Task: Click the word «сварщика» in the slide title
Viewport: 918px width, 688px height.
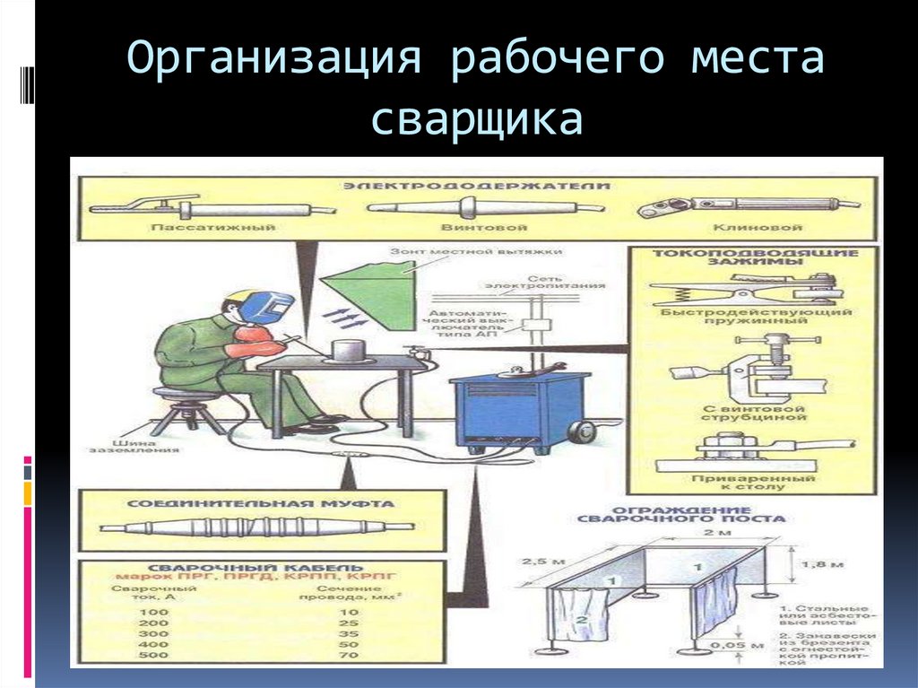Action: [x=477, y=120]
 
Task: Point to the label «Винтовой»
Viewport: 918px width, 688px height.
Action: [x=478, y=228]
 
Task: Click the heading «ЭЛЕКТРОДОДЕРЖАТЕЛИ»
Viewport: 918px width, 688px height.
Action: [x=476, y=186]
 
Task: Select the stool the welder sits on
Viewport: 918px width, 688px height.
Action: [x=187, y=407]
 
